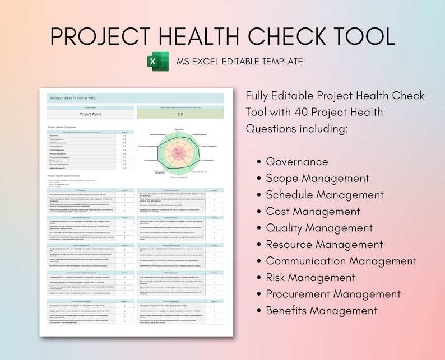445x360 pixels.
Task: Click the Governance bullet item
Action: pos(296,162)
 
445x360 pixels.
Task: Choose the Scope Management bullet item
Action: pos(317,179)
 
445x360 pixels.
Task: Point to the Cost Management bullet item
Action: pos(313,211)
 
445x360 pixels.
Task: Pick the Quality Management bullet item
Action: pos(319,228)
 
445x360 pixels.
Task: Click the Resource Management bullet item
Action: pos(325,244)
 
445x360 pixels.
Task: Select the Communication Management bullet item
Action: pos(341,261)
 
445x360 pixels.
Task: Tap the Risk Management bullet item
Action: pos(310,277)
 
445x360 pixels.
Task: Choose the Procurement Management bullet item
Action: pos(333,294)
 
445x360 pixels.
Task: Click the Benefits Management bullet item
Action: pos(322,310)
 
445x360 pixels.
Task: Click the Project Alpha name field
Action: pos(90,114)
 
